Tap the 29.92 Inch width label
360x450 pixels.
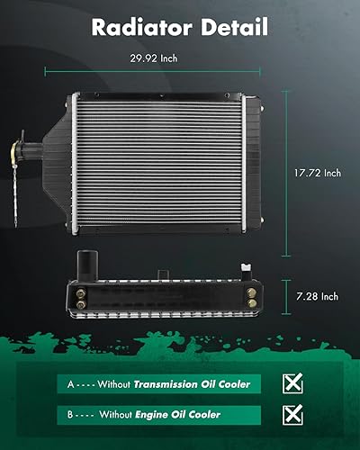(x=161, y=59)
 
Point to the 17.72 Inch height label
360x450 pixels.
(x=319, y=173)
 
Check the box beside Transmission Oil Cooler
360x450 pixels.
(x=292, y=384)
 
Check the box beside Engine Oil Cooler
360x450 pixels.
(x=292, y=415)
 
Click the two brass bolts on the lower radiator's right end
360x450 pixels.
(x=246, y=296)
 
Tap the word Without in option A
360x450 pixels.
(x=112, y=384)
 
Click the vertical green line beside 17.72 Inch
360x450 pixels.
(x=289, y=171)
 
